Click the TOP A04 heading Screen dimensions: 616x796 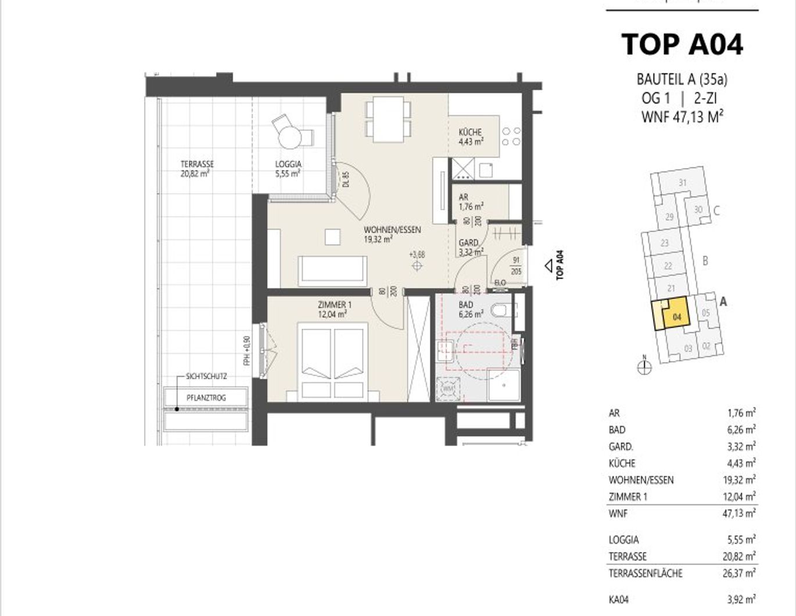coord(682,44)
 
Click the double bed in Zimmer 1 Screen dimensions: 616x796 coord(332,360)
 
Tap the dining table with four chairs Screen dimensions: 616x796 coord(389,119)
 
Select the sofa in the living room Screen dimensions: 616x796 coord(332,270)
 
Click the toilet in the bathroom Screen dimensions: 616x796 coord(501,310)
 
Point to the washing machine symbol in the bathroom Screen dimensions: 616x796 coord(449,388)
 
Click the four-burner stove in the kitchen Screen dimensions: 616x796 coord(511,137)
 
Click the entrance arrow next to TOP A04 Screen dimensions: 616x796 coord(548,266)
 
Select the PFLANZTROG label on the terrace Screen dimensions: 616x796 coord(206,398)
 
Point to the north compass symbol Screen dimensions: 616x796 coord(644,367)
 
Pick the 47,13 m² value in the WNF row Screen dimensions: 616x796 coord(739,514)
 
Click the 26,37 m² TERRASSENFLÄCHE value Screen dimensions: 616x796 coord(739,574)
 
